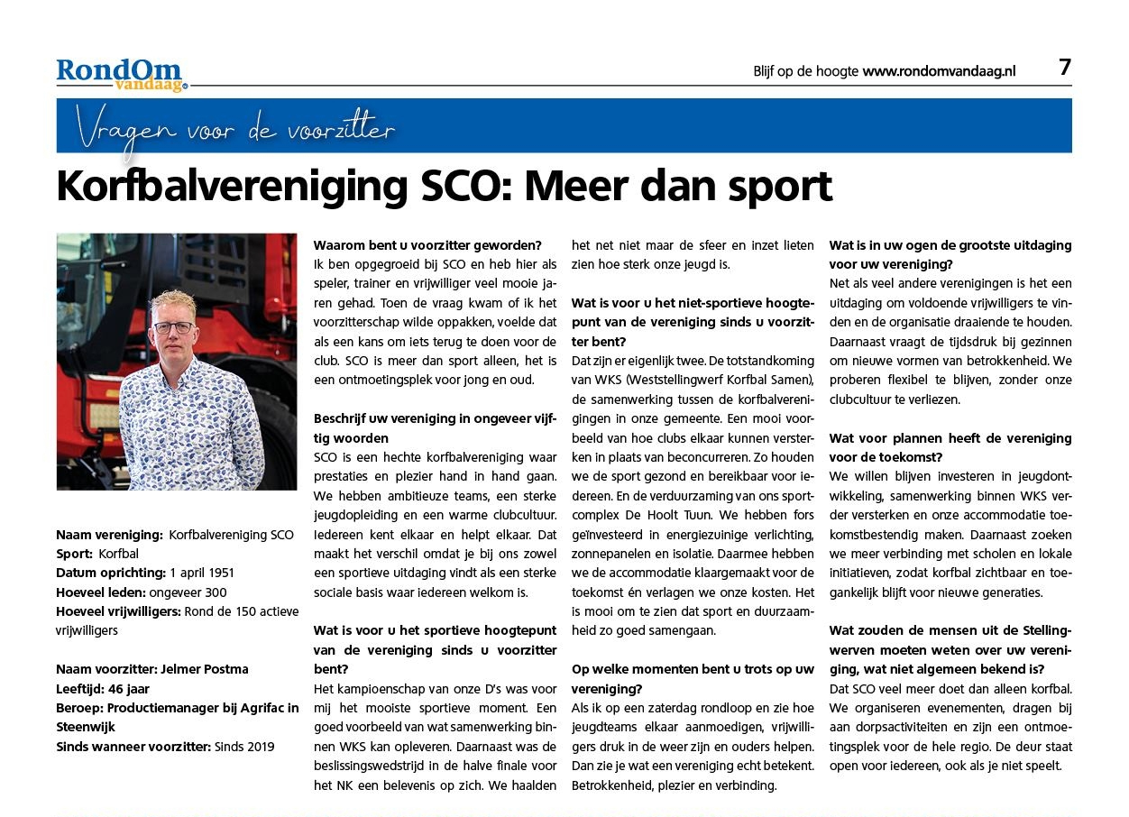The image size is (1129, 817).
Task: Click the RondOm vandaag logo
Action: pyautogui.click(x=121, y=74)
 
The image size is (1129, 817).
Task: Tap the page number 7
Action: pyautogui.click(x=1064, y=68)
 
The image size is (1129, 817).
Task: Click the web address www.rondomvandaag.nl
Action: pyautogui.click(x=939, y=71)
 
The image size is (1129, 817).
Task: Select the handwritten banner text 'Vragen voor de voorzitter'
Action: pyautogui.click(x=235, y=130)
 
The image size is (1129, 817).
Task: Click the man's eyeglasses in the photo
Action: pyautogui.click(x=173, y=327)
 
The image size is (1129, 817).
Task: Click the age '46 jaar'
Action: pyautogui.click(x=129, y=688)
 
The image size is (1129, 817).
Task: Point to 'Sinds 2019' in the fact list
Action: pyautogui.click(x=244, y=746)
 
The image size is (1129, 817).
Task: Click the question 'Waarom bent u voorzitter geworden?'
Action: pyautogui.click(x=427, y=244)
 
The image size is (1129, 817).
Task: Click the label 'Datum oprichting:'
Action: pyautogui.click(x=111, y=573)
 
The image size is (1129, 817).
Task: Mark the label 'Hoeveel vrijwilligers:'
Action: pyautogui.click(x=118, y=611)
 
